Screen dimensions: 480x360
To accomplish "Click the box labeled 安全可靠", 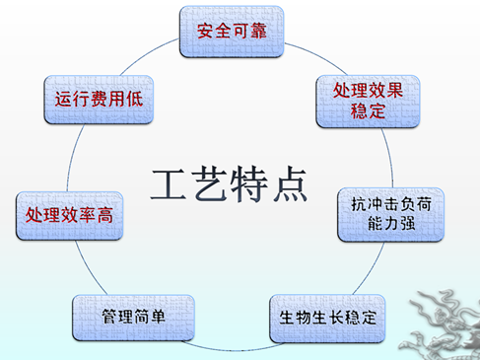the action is pyautogui.click(x=232, y=32).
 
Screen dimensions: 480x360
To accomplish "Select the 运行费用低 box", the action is pyautogui.click(x=99, y=100).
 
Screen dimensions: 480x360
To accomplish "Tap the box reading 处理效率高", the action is pyautogui.click(x=69, y=216).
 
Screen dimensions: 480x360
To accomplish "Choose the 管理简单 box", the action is pyautogui.click(x=133, y=318).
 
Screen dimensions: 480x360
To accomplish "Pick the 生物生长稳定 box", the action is pyautogui.click(x=327, y=319).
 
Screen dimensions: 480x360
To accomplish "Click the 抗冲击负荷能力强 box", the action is pyautogui.click(x=391, y=215).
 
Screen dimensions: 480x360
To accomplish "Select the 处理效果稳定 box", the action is pyautogui.click(x=368, y=102).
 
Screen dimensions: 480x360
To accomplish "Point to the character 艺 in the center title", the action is pyautogui.click(x=209, y=183).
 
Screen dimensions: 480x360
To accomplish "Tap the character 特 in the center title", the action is pyautogui.click(x=248, y=183).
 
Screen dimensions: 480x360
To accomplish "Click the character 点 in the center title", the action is pyautogui.click(x=290, y=183).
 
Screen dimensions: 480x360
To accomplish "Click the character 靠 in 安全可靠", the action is pyautogui.click(x=258, y=32).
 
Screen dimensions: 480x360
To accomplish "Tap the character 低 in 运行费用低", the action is pyautogui.click(x=135, y=99).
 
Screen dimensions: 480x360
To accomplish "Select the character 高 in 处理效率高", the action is pyautogui.click(x=105, y=215).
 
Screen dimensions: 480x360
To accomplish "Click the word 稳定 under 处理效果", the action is pyautogui.click(x=368, y=111).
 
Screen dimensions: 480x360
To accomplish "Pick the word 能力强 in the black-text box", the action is pyautogui.click(x=391, y=224).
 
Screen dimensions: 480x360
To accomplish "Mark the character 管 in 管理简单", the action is pyautogui.click(x=109, y=317).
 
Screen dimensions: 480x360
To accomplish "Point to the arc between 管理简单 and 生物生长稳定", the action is pyautogui.click(x=233, y=349).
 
